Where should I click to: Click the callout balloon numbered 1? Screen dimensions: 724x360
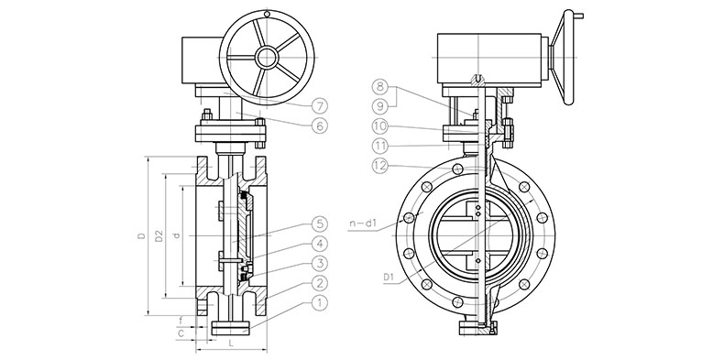tap(320, 303)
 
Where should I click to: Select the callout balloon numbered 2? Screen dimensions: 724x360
tap(320, 283)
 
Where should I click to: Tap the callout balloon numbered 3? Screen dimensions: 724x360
tap(320, 264)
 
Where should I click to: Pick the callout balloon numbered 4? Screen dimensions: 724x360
tap(320, 244)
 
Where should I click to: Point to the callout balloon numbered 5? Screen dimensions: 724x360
tap(320, 224)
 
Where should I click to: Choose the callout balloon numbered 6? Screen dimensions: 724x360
tap(320, 125)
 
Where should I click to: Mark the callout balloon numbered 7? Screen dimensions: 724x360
tap(320, 105)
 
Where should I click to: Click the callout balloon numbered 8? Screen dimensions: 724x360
tap(380, 86)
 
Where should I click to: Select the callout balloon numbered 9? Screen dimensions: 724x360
tap(380, 106)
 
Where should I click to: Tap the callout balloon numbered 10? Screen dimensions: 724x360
tap(380, 126)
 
